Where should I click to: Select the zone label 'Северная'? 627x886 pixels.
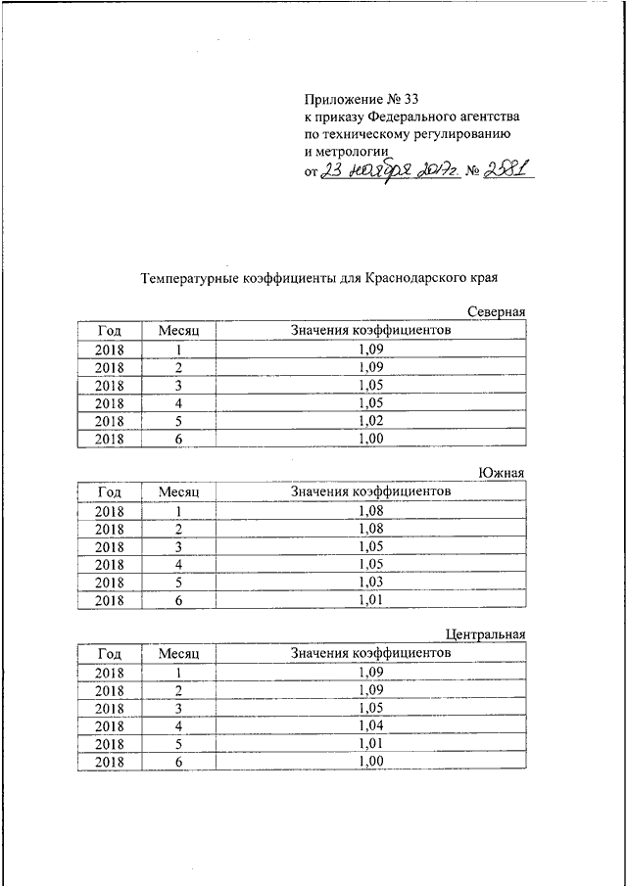tap(496, 312)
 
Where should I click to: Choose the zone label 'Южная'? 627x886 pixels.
tap(502, 473)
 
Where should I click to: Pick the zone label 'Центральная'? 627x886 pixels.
tap(485, 634)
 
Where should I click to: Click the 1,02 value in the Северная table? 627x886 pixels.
tap(370, 422)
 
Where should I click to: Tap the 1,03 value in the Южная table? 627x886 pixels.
tap(370, 583)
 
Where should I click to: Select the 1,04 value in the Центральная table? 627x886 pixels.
tap(370, 725)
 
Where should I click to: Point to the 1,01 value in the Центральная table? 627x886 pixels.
tap(370, 744)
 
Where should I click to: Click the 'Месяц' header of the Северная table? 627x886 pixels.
tap(179, 331)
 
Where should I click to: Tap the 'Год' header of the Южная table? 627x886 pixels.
tap(110, 491)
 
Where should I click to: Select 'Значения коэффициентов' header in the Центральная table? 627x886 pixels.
tap(370, 652)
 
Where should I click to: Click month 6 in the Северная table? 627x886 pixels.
tap(179, 441)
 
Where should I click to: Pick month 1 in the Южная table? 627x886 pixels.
tap(179, 510)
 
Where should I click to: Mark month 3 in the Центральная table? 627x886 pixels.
tap(179, 708)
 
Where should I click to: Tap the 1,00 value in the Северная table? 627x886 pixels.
tap(370, 441)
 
